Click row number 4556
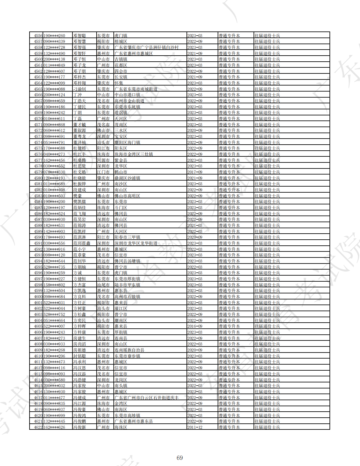point(38,36)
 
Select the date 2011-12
point(195,427)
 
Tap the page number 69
point(180,458)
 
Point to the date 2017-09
point(195,172)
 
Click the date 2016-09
point(195,326)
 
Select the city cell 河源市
point(103,160)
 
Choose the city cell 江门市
point(103,172)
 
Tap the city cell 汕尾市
point(103,285)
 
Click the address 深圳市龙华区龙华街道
point(136,243)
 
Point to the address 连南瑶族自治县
point(129,350)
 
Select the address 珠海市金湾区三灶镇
point(134,154)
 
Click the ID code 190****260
point(54,36)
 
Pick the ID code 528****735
point(54,267)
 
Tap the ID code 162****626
point(54,427)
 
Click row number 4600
point(38,297)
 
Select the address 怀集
point(119,83)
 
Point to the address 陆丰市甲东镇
point(127,285)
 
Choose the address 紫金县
point(121,160)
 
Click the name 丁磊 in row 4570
point(78,119)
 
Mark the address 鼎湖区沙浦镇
point(127,178)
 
